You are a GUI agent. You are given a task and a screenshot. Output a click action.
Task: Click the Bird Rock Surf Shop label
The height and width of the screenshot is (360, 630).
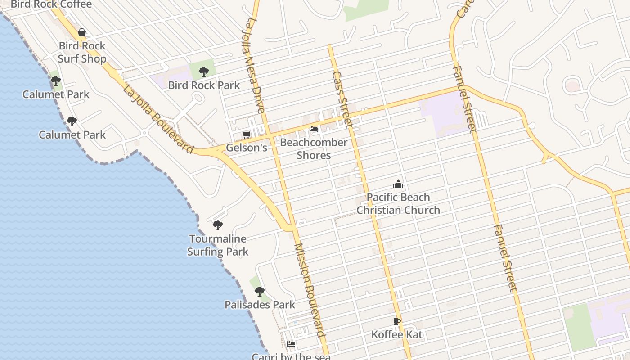coord(82,52)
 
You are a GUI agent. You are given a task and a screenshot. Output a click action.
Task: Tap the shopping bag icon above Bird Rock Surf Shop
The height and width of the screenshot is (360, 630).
coord(82,32)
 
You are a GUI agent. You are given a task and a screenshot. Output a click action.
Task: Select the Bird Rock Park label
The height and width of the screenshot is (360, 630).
coord(204,85)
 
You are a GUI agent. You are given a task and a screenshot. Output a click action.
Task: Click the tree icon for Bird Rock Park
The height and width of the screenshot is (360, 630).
coord(204,72)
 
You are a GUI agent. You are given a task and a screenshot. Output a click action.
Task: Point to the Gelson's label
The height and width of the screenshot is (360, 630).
coord(247,148)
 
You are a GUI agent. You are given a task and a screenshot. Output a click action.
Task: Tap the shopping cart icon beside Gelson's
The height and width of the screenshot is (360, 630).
coord(246,135)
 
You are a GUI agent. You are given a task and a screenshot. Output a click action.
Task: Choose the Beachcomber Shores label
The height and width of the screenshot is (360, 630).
coord(314,149)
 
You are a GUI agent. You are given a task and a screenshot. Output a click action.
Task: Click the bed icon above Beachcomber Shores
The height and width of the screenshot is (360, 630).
coord(314,129)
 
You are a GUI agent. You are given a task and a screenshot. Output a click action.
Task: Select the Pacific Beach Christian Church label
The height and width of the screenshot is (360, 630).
coord(398,203)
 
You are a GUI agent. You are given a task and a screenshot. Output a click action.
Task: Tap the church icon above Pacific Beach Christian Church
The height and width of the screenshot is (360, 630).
coord(398,184)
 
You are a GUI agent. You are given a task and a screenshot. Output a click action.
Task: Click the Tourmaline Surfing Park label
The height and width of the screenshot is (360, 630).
coord(218,245)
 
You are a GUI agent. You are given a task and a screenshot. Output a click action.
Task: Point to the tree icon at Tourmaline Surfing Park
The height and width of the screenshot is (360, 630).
coord(218,225)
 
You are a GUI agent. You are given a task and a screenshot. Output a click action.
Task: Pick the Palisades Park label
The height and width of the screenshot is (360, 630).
coord(260,305)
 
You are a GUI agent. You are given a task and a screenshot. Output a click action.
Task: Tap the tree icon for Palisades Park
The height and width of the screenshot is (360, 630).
coord(260,291)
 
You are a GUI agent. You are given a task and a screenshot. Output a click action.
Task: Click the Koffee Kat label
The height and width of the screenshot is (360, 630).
coord(397,334)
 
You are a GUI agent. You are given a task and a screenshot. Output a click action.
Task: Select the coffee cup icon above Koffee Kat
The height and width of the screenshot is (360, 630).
coord(396,321)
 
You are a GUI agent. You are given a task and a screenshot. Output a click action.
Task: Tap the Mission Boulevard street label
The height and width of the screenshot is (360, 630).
coord(310,290)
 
